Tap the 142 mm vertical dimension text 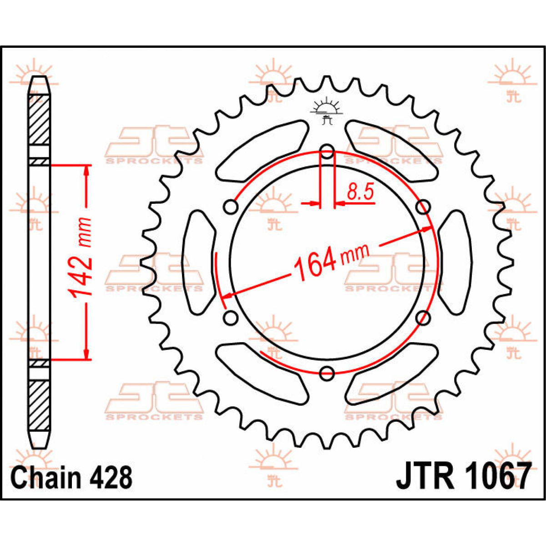(x=81, y=257)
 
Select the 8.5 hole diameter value (x=360, y=192)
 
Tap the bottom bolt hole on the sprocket (x=327, y=374)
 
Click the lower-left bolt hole (x=231, y=317)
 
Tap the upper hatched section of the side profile (x=39, y=119)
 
